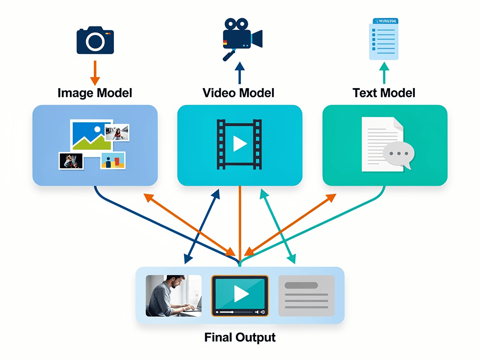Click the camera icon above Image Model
coord(95,41)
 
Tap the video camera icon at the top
coord(241,36)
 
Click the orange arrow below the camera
coord(95,72)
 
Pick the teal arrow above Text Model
coord(384,73)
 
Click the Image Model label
coord(95,93)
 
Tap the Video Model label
coord(239,93)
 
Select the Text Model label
coord(384,93)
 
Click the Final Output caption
coord(240,337)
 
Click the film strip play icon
coord(239,144)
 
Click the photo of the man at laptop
coord(173,295)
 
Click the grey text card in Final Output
coord(307,295)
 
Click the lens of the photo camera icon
coord(95,42)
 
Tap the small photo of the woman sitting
coord(118,133)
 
